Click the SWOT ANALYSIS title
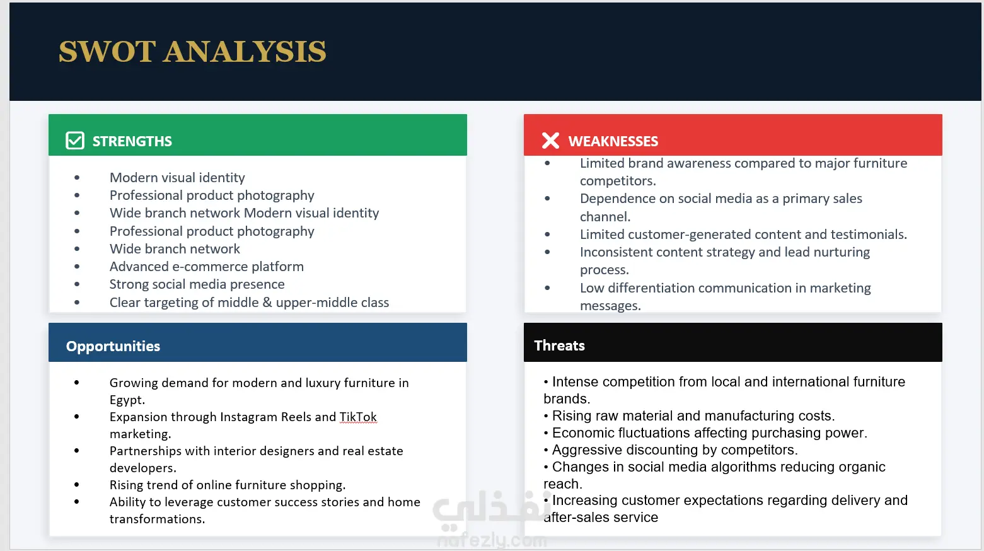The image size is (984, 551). coord(192,52)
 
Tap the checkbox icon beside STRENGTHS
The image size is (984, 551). coord(74,141)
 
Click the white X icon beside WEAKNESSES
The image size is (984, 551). coord(550,141)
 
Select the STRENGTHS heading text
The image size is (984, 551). coord(132,141)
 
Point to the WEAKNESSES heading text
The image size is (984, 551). coord(613,141)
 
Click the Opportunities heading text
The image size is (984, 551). coord(113,346)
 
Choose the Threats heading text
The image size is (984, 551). coord(559,345)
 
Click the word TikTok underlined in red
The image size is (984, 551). coord(358,417)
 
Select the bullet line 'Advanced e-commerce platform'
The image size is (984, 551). coord(207,266)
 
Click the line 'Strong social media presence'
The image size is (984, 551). coord(197,284)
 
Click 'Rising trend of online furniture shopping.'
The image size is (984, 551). coord(228,485)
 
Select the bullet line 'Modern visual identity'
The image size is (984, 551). coord(177,178)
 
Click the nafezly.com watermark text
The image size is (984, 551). coord(492,540)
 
